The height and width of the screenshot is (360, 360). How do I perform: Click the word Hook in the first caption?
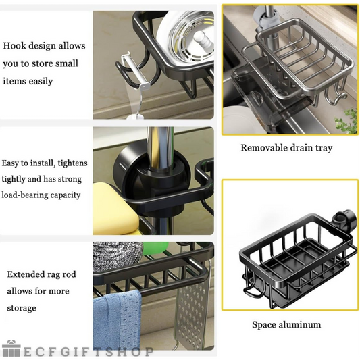(13, 45)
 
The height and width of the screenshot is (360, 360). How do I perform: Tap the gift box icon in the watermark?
(11, 349)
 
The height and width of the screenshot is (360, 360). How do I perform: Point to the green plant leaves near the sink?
(346, 120)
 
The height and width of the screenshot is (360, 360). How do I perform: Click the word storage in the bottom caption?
(22, 308)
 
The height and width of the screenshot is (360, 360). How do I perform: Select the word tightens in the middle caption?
(72, 163)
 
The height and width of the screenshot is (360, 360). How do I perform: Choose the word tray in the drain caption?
(324, 148)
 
